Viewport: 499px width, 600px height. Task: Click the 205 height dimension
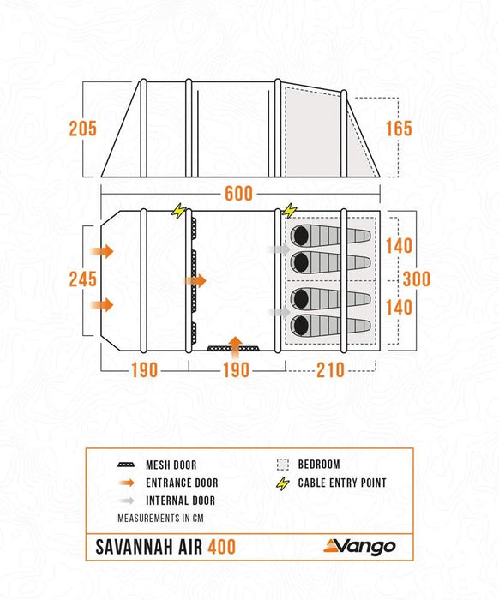[82, 129]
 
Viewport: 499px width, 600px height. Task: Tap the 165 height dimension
[399, 129]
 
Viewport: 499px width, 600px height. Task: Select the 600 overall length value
[239, 194]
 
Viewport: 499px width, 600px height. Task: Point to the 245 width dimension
[82, 279]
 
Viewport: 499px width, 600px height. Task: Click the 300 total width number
[417, 279]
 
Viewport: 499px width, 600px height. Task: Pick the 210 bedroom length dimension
[330, 370]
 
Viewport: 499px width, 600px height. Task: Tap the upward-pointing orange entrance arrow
[237, 345]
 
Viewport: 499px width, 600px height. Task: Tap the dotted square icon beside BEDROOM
[282, 465]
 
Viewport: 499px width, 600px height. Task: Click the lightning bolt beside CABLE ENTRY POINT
[282, 483]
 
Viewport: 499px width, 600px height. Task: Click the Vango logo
[360, 546]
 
